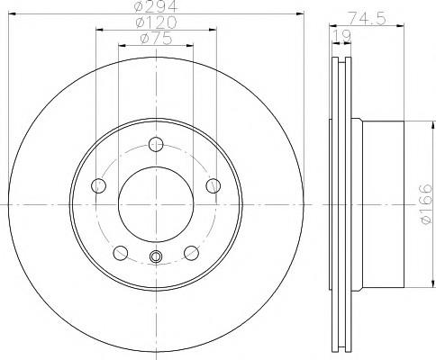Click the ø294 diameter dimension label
(156, 6)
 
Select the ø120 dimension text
(156, 22)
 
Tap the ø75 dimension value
(156, 39)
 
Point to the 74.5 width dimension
(367, 19)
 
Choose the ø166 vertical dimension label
(426, 204)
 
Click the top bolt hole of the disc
(156, 144)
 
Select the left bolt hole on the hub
(98, 185)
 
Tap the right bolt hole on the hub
(213, 185)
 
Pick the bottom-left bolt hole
(121, 253)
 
